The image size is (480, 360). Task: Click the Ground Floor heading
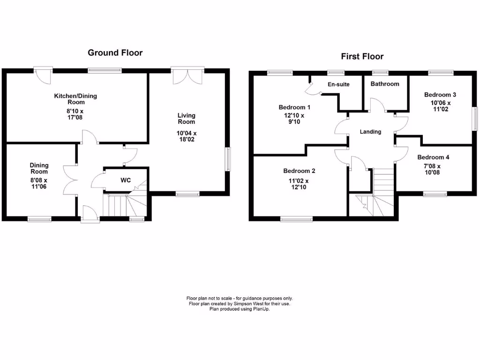(115, 53)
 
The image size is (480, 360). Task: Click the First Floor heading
(362, 57)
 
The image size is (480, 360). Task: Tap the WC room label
(125, 180)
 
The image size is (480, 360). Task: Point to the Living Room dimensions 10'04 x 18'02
(187, 136)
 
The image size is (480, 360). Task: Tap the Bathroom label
(385, 84)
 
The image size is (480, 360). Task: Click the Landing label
(370, 132)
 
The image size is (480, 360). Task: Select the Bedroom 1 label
(294, 107)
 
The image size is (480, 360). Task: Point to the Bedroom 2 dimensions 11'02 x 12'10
(299, 184)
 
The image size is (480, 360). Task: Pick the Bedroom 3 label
(440, 95)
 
